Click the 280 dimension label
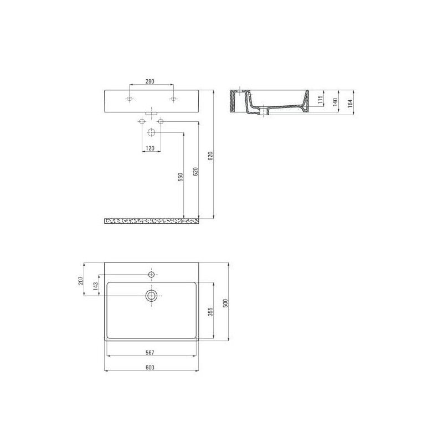tap(150, 81)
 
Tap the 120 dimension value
tap(150, 148)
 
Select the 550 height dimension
tap(181, 177)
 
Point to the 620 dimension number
tap(195, 172)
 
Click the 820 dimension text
tap(210, 156)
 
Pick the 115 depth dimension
tap(320, 100)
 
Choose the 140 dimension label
tap(336, 102)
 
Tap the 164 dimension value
tap(351, 104)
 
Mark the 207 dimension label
tap(81, 280)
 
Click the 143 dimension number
tap(95, 286)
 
